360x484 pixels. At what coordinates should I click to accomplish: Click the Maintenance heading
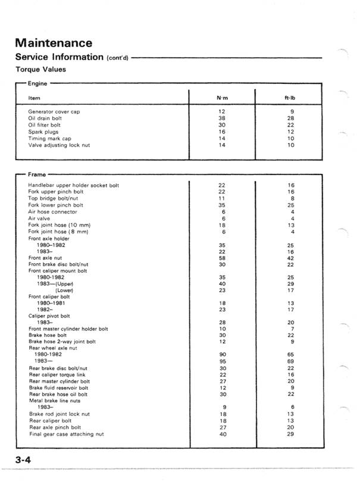pyautogui.click(x=54, y=43)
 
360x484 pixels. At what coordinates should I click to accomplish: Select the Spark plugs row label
pyautogui.click(x=43, y=131)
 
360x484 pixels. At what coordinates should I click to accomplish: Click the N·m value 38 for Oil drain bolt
pyautogui.click(x=221, y=118)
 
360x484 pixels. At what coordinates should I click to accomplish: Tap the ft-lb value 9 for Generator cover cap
pyautogui.click(x=290, y=111)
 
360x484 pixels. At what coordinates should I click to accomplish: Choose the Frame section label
pyautogui.click(x=37, y=174)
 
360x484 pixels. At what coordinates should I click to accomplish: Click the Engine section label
pyautogui.click(x=39, y=84)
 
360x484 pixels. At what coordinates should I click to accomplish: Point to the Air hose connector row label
pyautogui.click(x=52, y=211)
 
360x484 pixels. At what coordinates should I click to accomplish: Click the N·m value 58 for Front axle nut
pyautogui.click(x=221, y=257)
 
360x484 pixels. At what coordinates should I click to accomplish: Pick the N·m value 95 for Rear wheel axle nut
pyautogui.click(x=221, y=361)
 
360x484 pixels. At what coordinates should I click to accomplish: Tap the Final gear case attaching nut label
pyautogui.click(x=66, y=434)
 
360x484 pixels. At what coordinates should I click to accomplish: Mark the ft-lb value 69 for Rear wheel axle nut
pyautogui.click(x=290, y=361)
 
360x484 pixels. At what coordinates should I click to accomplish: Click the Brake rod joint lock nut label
pyautogui.click(x=60, y=414)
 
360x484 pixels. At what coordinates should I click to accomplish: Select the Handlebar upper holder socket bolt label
pyautogui.click(x=73, y=185)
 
